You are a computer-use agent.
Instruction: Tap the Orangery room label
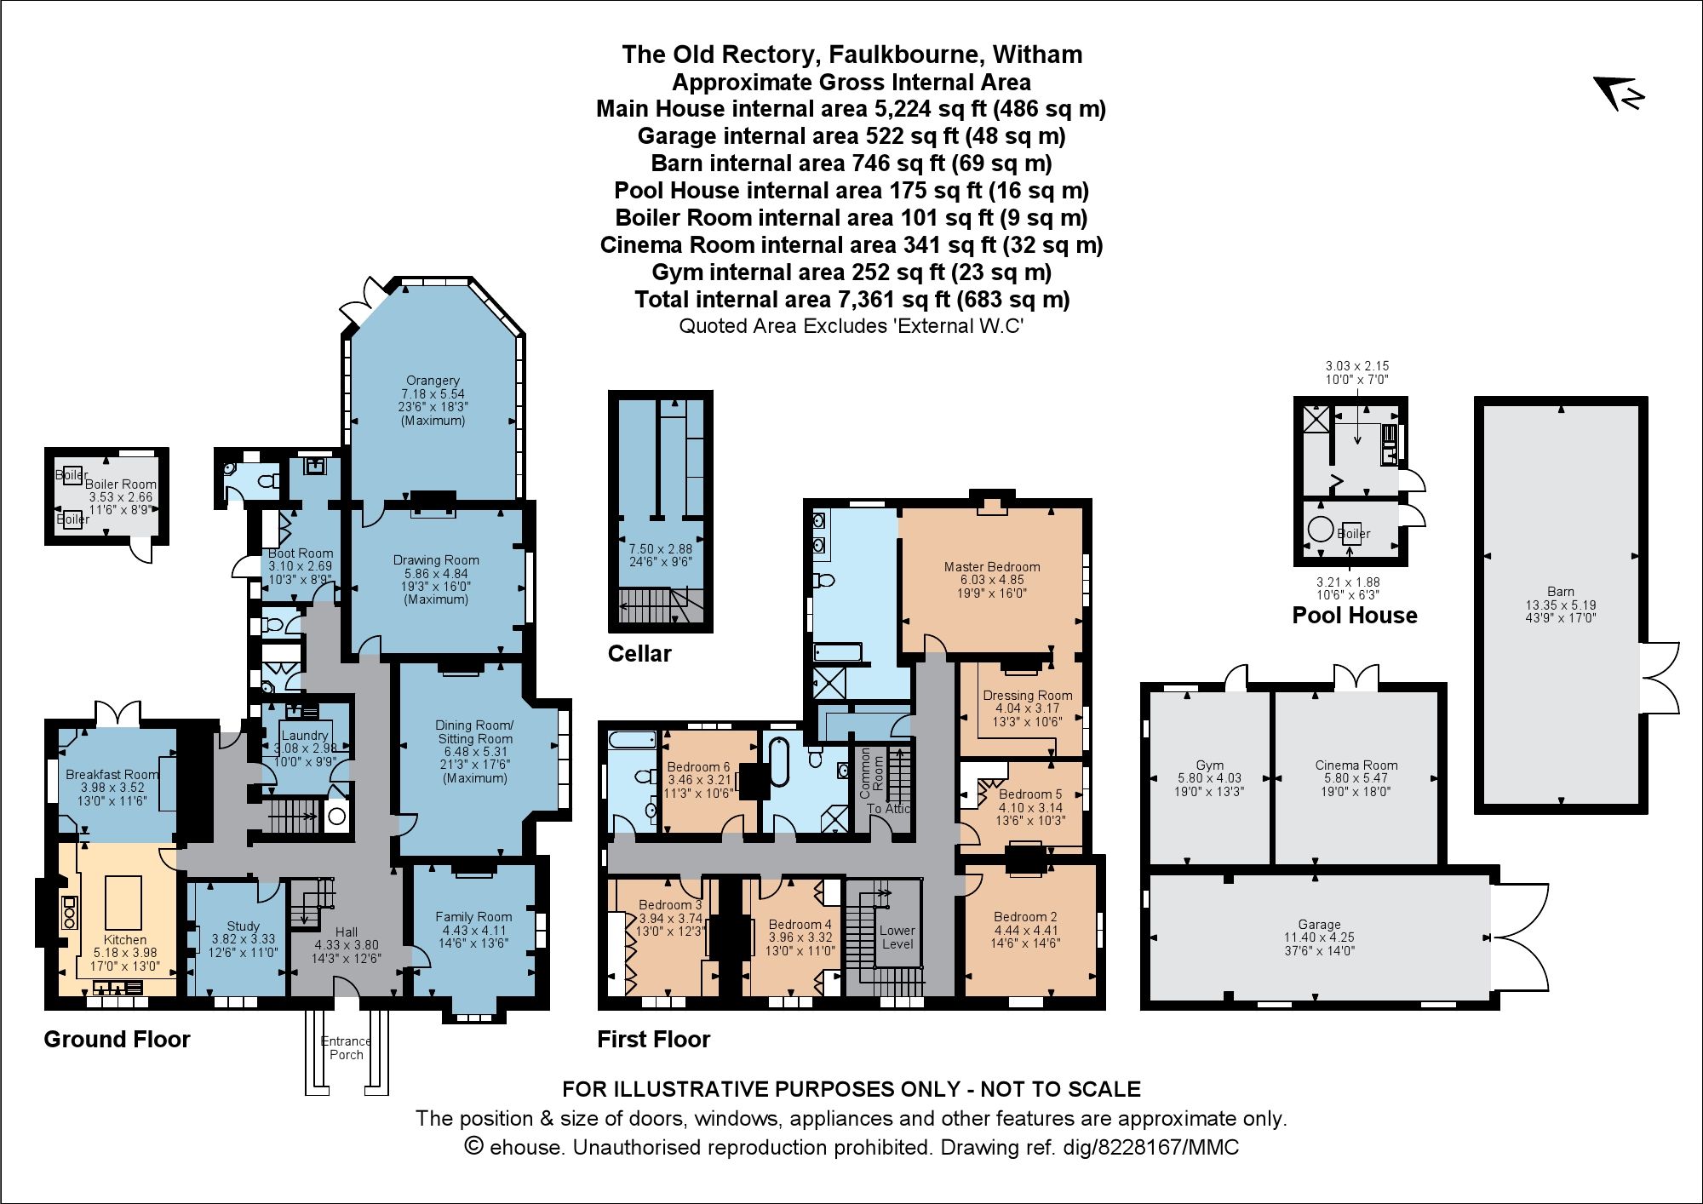(433, 381)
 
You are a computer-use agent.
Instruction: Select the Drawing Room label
(436, 560)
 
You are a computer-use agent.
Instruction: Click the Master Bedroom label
(992, 567)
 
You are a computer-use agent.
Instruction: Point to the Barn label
(1561, 592)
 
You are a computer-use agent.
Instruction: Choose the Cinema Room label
(1356, 765)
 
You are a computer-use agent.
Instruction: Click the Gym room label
(1209, 765)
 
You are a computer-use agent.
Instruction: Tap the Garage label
(1320, 925)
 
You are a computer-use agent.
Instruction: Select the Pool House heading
(1355, 616)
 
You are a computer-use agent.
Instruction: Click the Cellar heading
(639, 654)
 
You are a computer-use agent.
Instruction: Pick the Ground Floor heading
(117, 1040)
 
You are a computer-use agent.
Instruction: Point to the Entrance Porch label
(346, 1048)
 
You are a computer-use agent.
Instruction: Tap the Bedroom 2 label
(1025, 917)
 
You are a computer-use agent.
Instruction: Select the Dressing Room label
(1028, 696)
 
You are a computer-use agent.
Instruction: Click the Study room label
(244, 926)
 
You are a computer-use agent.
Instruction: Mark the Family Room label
(473, 917)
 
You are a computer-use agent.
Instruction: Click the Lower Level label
(897, 937)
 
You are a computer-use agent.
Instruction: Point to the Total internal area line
(851, 300)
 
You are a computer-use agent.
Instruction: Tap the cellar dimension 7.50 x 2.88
(661, 549)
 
